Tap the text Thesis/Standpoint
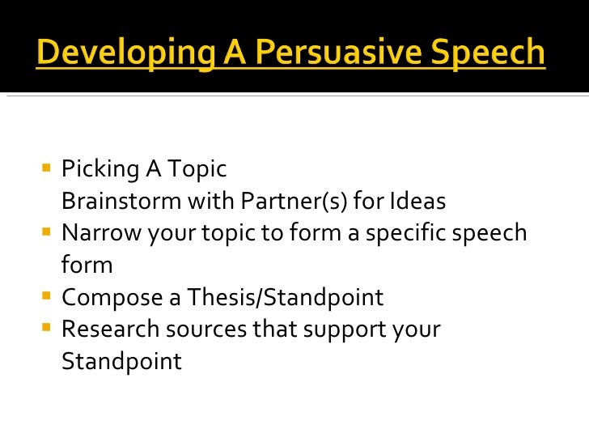286,297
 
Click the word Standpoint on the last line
121,361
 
